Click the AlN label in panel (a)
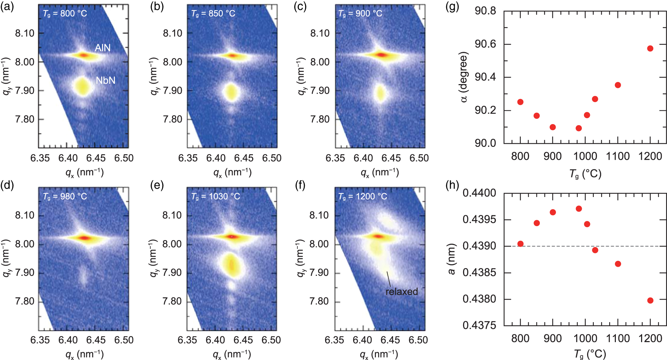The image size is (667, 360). click(x=103, y=48)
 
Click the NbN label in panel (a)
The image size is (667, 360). click(x=105, y=80)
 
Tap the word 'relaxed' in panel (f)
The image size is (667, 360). click(x=401, y=292)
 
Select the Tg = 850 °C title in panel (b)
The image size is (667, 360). click(x=213, y=14)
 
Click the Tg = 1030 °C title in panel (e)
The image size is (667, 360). click(x=216, y=196)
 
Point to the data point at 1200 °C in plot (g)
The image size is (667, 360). click(x=650, y=48)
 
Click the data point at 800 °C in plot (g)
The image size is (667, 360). click(x=520, y=102)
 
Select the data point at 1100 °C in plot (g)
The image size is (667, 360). click(x=618, y=85)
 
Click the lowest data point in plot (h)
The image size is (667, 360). click(x=650, y=300)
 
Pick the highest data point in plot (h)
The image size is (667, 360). click(x=579, y=209)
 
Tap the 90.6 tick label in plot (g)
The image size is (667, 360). click(x=485, y=44)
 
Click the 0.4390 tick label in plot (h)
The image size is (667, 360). click(x=479, y=246)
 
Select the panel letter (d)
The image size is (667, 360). click(x=7, y=185)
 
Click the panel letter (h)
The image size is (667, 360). click(x=452, y=185)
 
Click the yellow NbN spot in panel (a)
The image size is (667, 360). click(x=83, y=87)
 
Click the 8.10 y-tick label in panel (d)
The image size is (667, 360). click(x=25, y=215)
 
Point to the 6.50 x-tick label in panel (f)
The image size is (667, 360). click(x=418, y=340)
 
